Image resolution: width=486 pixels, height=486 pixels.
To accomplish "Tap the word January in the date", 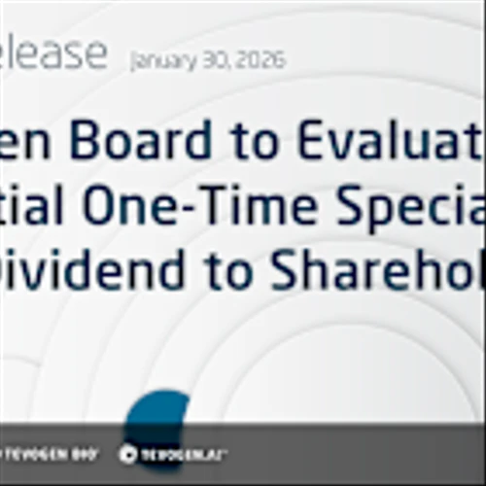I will (162, 60).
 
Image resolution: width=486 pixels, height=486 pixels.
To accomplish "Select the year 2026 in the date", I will (260, 60).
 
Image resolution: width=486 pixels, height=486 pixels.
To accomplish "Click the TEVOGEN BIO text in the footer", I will (53, 454).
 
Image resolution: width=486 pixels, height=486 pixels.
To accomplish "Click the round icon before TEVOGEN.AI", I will (127, 454).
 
